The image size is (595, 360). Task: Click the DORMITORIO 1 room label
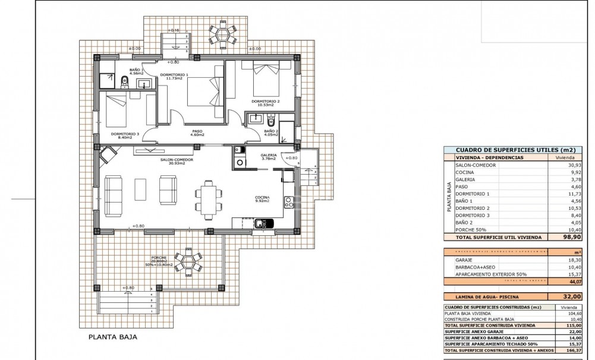(x=174, y=75)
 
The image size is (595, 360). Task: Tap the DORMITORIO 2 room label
(x=265, y=101)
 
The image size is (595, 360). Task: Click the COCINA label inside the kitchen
(x=262, y=198)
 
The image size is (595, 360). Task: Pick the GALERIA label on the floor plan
(x=269, y=156)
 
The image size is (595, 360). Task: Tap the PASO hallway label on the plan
(x=197, y=132)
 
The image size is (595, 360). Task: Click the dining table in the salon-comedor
(x=209, y=199)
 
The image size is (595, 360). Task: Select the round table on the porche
(x=187, y=262)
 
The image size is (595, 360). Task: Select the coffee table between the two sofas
(x=140, y=189)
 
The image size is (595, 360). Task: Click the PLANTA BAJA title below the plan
(x=113, y=336)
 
